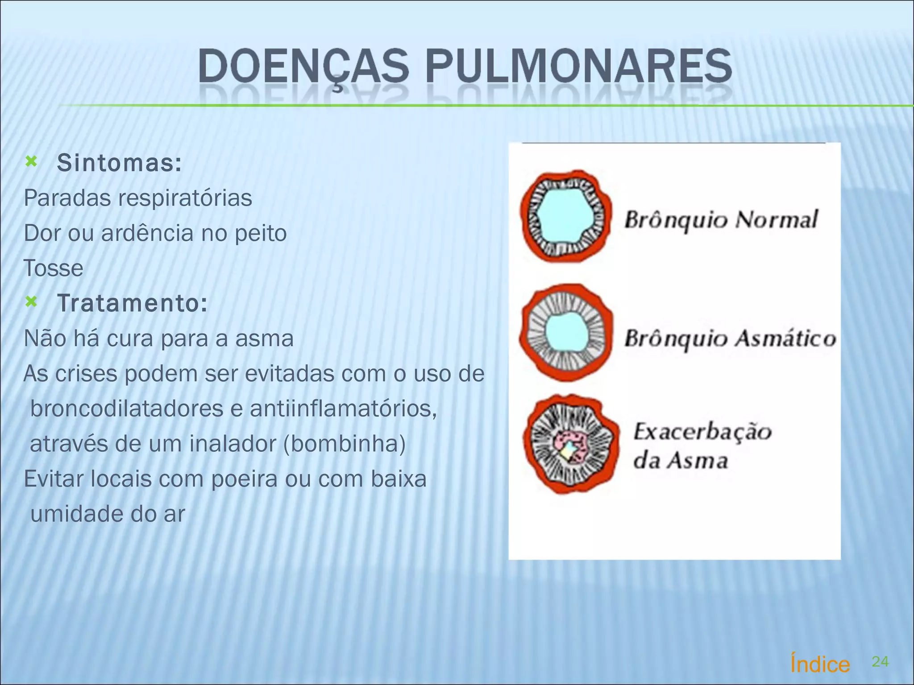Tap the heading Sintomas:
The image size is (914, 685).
[x=120, y=163]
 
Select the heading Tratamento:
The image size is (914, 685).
[x=133, y=303]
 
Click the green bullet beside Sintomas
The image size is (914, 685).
[x=31, y=161]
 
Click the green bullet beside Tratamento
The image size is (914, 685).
[x=31, y=302]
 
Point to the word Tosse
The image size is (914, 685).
[x=54, y=268]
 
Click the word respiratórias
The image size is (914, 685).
[x=185, y=198]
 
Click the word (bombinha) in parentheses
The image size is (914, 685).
[x=345, y=444]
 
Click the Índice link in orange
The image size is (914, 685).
[x=820, y=664]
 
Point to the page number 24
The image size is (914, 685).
[x=880, y=662]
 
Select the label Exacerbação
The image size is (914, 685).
[x=702, y=432]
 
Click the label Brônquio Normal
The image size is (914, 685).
[x=721, y=220]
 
